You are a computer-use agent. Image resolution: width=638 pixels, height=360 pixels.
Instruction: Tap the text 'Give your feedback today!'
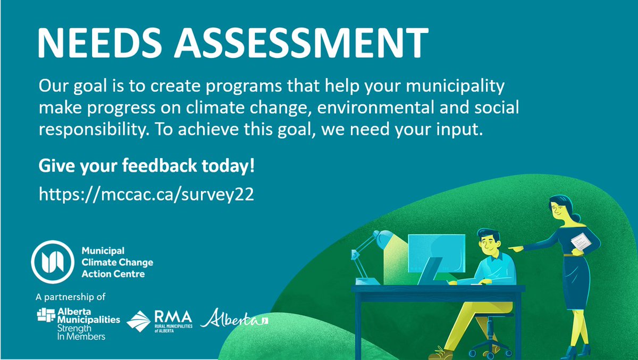pyautogui.click(x=147, y=167)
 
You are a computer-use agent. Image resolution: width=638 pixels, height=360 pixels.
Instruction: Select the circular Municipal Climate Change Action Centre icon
pyautogui.click(x=52, y=262)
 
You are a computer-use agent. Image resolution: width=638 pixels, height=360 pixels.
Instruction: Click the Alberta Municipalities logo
pyautogui.click(x=78, y=322)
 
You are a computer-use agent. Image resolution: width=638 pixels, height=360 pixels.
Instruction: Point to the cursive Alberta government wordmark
pyautogui.click(x=234, y=319)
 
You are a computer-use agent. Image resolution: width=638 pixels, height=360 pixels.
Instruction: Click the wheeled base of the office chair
pyautogui.click(x=484, y=349)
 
